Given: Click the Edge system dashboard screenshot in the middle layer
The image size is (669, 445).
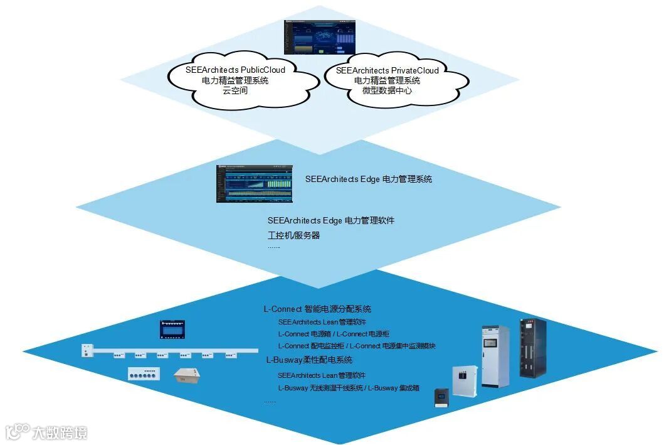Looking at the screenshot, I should coord(254,183).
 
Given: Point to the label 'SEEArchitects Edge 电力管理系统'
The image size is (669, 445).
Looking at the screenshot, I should coord(368,179).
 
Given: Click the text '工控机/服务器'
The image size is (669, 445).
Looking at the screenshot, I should coord(293,235).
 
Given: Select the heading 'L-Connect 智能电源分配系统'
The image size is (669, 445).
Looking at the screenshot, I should coord(317,309).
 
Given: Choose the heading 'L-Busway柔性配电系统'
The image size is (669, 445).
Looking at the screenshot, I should coord(309,360).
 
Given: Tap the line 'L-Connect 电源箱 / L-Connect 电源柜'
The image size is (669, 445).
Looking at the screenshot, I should coord(334,334).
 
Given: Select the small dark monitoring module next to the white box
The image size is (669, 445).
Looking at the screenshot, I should coord(443,398).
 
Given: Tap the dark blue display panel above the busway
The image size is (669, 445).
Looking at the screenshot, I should coord(172,329).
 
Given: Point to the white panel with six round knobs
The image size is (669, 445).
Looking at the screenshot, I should coord(144,373).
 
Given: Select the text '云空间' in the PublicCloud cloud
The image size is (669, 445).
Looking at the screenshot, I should coord(235,90).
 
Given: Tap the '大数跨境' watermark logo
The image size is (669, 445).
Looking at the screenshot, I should coord(47,432).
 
